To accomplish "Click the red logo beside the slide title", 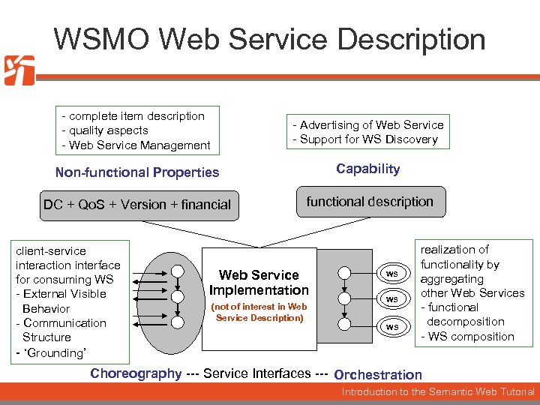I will tap(19, 70).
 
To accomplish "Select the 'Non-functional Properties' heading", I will tap(137, 172).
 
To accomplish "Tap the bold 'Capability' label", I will tap(367, 169).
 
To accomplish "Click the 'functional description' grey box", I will tap(370, 202).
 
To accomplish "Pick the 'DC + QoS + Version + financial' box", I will tap(137, 205).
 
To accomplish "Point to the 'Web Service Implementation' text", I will tap(259, 283).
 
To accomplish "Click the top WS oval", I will tap(391, 274).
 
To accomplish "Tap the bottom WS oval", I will tap(391, 326).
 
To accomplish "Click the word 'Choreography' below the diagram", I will tap(136, 373).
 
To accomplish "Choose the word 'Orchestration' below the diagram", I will tap(378, 374).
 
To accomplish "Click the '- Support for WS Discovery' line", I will tap(365, 139).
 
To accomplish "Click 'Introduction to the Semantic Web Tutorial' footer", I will tap(438, 391).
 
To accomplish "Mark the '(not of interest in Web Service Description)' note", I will tap(259, 312).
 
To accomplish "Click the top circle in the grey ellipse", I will tap(177, 271).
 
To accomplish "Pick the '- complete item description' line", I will tap(133, 116).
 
